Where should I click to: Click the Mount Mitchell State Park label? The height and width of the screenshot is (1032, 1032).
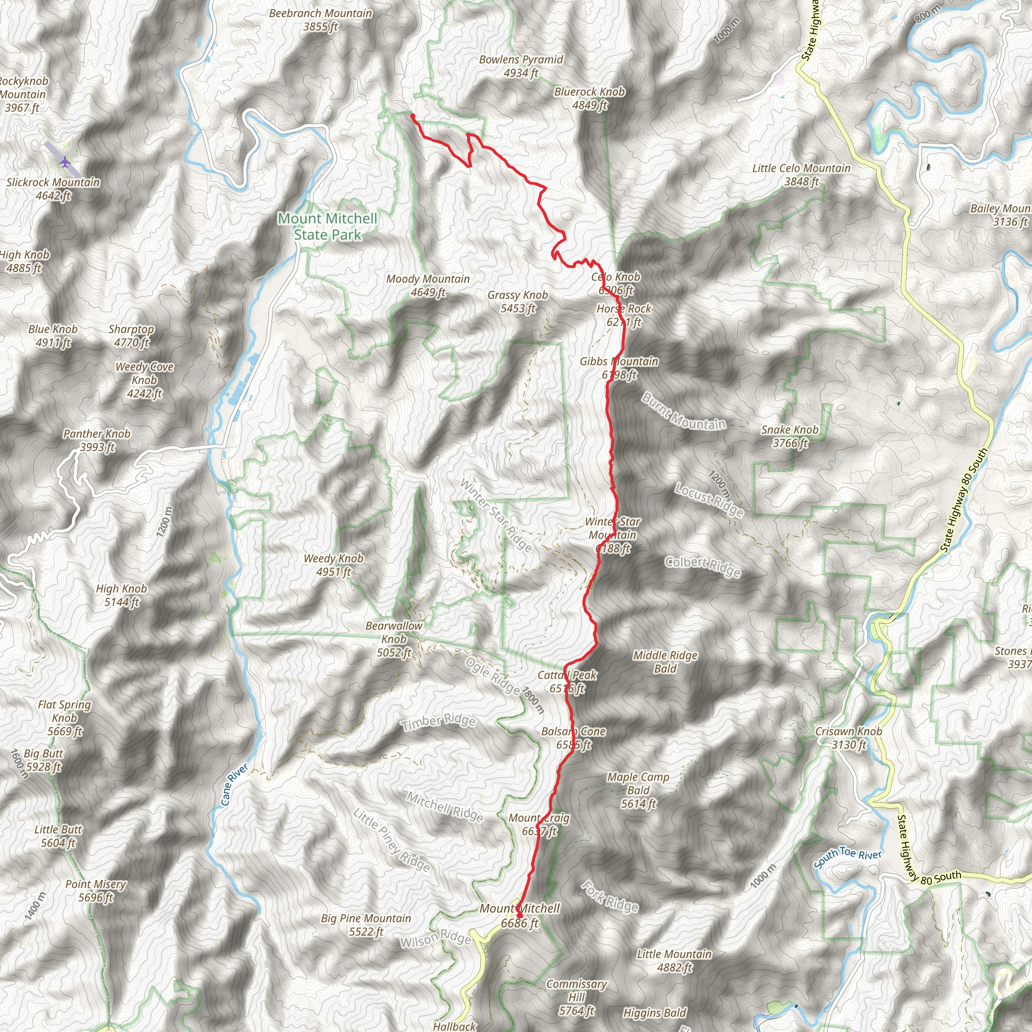(328, 226)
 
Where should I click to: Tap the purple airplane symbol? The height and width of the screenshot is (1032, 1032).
(64, 161)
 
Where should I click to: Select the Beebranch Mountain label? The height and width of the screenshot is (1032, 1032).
(320, 20)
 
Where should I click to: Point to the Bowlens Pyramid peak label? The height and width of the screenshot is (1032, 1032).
(521, 66)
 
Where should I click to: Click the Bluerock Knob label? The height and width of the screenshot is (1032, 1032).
(589, 98)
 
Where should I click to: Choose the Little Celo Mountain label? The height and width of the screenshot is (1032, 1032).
(801, 175)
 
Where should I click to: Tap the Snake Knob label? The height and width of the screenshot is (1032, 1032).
(790, 436)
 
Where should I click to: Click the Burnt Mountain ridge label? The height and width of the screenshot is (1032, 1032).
(684, 411)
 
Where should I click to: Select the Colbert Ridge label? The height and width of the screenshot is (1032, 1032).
(702, 566)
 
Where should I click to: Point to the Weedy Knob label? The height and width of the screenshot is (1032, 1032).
(333, 564)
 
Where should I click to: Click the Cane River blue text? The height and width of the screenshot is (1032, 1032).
(234, 785)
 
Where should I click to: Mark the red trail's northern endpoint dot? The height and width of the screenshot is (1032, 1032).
(412, 115)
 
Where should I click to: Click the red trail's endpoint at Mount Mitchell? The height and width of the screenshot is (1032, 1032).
(519, 916)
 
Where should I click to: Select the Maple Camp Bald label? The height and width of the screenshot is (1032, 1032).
(638, 790)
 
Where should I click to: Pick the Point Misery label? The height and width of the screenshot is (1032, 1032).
(96, 890)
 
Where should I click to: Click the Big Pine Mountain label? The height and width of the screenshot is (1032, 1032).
(366, 925)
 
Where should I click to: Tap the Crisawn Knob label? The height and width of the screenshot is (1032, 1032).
(848, 738)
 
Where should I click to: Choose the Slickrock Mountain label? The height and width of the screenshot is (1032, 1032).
(53, 188)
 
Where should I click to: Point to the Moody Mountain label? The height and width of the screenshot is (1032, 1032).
(428, 285)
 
